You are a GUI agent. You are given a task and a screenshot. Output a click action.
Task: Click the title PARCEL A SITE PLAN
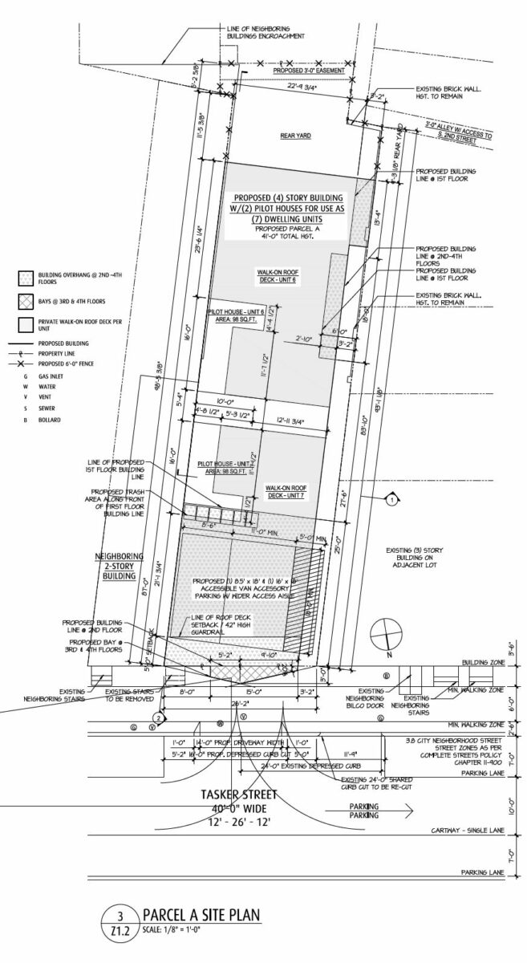pyautogui.click(x=200, y=915)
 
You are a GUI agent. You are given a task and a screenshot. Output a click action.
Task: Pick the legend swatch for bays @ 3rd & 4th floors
pyautogui.click(x=22, y=302)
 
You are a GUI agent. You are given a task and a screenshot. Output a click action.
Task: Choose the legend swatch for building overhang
pyautogui.click(x=22, y=278)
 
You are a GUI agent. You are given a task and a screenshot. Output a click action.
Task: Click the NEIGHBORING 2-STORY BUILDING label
pyautogui.click(x=120, y=565)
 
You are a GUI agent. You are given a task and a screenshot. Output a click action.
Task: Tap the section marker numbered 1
pyautogui.click(x=391, y=501)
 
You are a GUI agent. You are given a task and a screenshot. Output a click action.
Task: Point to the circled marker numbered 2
pyautogui.click(x=160, y=717)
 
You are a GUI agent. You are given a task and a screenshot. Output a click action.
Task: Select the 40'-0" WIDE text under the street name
pyautogui.click(x=241, y=808)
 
